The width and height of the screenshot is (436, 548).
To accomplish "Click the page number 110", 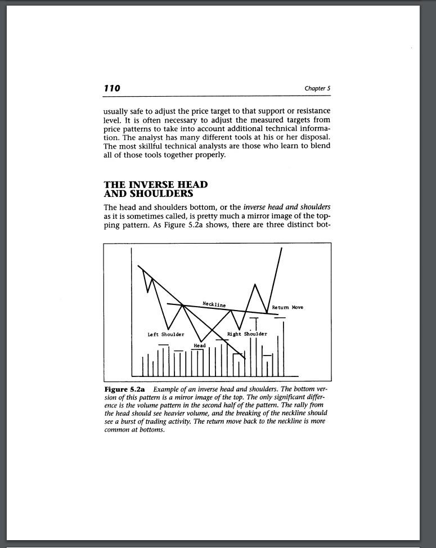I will click(113, 88).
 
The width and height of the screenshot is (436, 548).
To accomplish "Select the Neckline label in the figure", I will click(214, 304).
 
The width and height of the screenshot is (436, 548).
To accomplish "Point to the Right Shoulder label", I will click(248, 334).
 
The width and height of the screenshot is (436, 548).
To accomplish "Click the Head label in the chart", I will click(200, 345).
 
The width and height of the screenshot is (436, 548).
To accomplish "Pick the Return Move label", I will click(287, 308).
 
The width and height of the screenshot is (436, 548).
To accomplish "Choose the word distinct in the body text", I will click(298, 227).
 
